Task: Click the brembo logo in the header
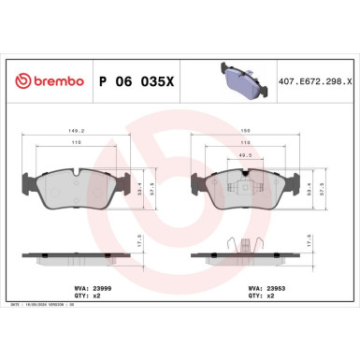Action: pos(46,81)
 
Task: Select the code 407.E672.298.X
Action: pos(316,81)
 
